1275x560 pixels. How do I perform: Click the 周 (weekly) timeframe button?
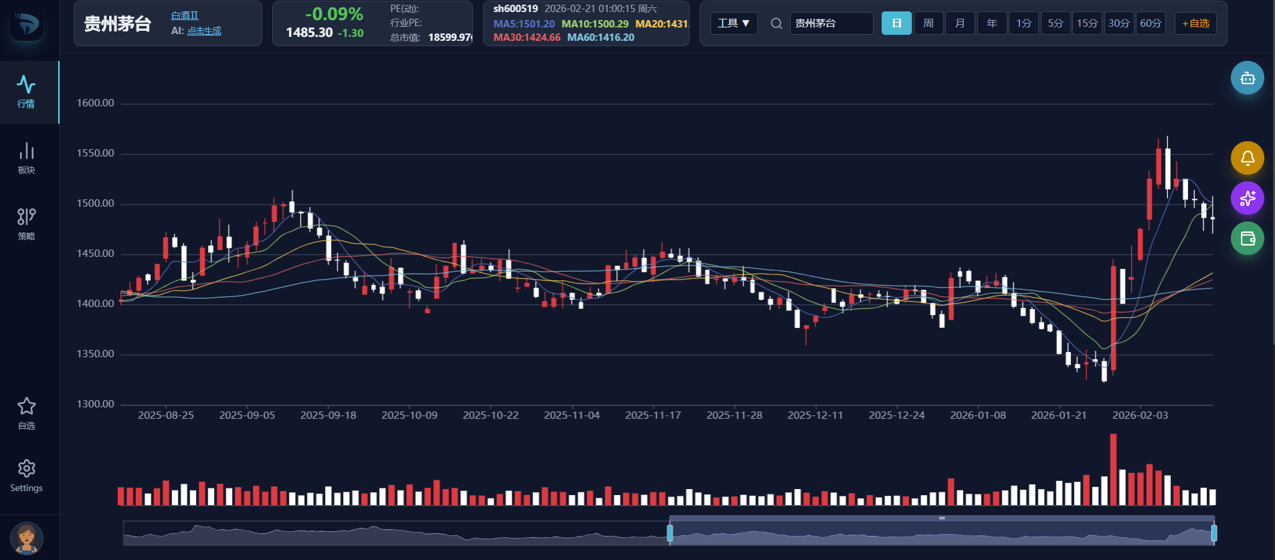928,23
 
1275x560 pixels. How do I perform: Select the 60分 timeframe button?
1151,23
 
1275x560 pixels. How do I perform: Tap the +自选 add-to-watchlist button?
1195,23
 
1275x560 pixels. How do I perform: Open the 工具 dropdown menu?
734,23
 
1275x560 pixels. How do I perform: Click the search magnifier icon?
777,23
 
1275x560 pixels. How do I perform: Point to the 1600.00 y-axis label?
95,103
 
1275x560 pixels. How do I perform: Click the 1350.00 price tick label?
95,354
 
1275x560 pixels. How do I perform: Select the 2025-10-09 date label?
409,415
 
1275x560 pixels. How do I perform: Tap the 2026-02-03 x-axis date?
1141,415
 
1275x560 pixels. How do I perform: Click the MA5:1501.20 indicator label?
524,24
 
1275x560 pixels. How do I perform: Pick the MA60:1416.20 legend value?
601,37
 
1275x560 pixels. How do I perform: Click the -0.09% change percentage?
334,14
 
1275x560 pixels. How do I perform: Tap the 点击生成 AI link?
204,31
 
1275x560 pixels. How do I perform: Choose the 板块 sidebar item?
27,158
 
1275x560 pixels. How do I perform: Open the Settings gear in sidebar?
27,476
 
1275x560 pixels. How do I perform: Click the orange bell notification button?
1248,158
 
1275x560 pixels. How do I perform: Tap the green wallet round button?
1248,238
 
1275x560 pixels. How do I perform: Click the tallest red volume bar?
1113,469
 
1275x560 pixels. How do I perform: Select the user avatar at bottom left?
27,539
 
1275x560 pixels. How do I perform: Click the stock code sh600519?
516,9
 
